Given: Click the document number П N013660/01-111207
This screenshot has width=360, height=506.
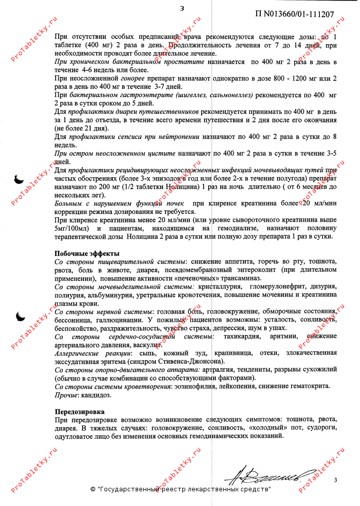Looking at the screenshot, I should coord(294,14).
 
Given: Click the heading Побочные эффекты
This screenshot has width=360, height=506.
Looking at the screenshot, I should coord(87,253).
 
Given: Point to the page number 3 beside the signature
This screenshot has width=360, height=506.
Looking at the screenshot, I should coord(335,479).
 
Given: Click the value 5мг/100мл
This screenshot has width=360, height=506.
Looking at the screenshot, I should coord(71,228).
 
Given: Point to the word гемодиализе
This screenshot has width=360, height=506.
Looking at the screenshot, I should coord(237,228).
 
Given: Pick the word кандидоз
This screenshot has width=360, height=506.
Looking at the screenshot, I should coord(97,394).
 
